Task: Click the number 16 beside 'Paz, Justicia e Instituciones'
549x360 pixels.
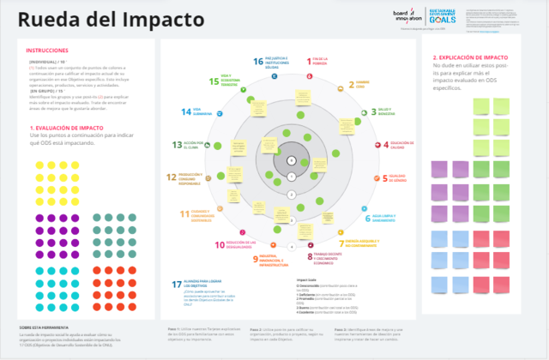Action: coord(258,61)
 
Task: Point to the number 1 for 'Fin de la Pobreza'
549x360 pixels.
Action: coord(311,60)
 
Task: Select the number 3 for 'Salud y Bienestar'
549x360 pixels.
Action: coord(374,111)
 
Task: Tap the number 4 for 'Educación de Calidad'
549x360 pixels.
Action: coord(384,144)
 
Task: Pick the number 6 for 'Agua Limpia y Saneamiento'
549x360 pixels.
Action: coord(369,218)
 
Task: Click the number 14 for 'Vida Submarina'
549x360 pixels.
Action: coord(186,111)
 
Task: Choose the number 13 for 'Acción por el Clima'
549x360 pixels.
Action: coord(177,145)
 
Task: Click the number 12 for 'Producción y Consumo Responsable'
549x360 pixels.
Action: coord(172,177)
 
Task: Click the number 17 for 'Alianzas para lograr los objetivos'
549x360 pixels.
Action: coord(177,284)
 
